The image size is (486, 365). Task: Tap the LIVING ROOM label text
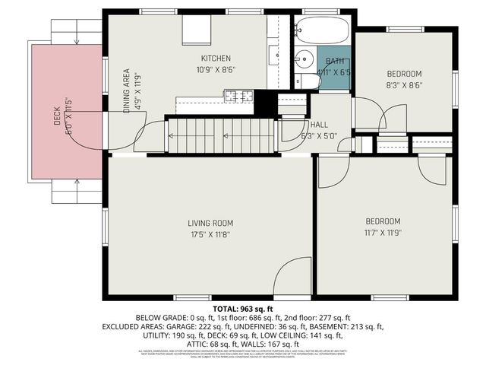(210, 223)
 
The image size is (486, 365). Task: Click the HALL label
(319, 125)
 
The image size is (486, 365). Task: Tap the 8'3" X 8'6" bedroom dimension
(404, 85)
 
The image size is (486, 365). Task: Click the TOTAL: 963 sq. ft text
(242, 309)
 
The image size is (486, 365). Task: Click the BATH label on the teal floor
(334, 61)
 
